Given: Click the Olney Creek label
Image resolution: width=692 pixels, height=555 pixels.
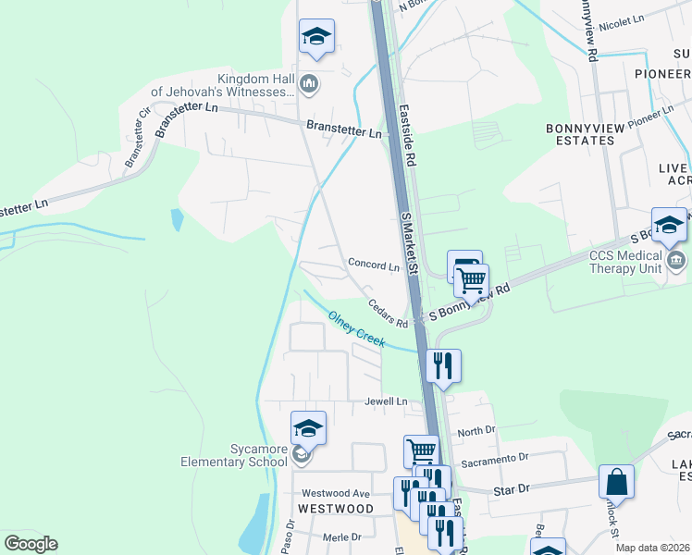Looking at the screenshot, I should (356, 329).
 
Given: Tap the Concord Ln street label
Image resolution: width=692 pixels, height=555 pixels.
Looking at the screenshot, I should (374, 265).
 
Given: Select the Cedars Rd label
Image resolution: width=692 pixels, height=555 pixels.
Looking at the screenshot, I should (388, 312).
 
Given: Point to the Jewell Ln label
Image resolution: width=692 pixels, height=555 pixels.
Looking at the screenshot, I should (386, 401).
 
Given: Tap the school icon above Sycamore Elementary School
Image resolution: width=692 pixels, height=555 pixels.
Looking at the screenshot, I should (308, 428).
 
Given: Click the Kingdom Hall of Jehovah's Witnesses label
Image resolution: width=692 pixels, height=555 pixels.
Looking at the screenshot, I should (222, 85).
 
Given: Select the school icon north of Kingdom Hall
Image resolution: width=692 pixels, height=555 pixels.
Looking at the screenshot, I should (316, 36).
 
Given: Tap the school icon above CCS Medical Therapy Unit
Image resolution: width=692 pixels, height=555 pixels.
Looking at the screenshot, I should (669, 225).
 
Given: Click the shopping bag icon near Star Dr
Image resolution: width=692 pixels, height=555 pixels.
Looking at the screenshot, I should (616, 482).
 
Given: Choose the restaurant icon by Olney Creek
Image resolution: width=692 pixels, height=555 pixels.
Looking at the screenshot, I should (444, 365).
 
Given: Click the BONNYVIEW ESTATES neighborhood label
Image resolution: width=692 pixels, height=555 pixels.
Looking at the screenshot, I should (593, 134).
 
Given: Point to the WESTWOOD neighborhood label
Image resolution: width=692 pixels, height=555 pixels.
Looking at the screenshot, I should (335, 509).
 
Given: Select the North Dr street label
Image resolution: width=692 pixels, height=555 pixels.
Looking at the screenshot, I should (476, 431).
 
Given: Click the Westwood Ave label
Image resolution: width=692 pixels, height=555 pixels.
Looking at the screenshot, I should (340, 494).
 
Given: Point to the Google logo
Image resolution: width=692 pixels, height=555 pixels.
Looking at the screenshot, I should (31, 544).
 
